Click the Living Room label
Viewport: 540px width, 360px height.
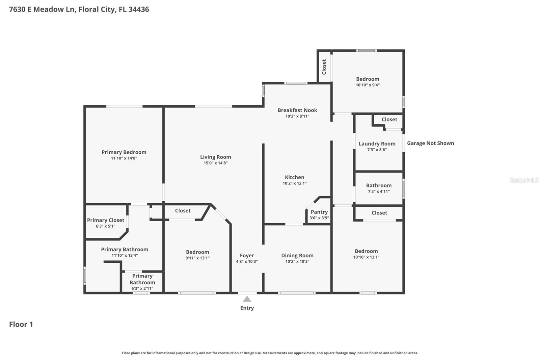click(x=215, y=157)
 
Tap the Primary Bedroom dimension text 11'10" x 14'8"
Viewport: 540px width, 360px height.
click(x=124, y=158)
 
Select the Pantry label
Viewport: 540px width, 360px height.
click(x=319, y=212)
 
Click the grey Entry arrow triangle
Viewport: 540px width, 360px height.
click(x=247, y=299)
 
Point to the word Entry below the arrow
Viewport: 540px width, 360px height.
click(x=247, y=308)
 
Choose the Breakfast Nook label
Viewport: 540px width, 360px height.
click(x=297, y=110)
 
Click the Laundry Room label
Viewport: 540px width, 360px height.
click(x=377, y=144)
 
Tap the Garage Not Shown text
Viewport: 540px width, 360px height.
click(x=430, y=143)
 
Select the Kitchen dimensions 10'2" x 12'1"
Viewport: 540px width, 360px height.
click(x=295, y=183)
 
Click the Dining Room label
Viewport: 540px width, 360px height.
click(x=297, y=256)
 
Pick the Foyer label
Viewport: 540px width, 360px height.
click(x=247, y=256)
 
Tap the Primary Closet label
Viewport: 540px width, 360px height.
click(x=106, y=220)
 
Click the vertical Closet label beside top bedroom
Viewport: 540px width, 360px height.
click(x=324, y=67)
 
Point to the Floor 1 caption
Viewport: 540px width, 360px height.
click(x=21, y=324)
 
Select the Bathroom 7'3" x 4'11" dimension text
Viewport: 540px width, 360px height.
click(x=379, y=191)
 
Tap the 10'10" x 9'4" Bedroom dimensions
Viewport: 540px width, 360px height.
click(x=368, y=85)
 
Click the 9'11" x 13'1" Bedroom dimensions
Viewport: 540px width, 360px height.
click(x=197, y=258)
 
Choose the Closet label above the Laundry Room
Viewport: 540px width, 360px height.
click(x=389, y=120)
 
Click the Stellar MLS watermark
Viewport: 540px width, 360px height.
click(x=524, y=180)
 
